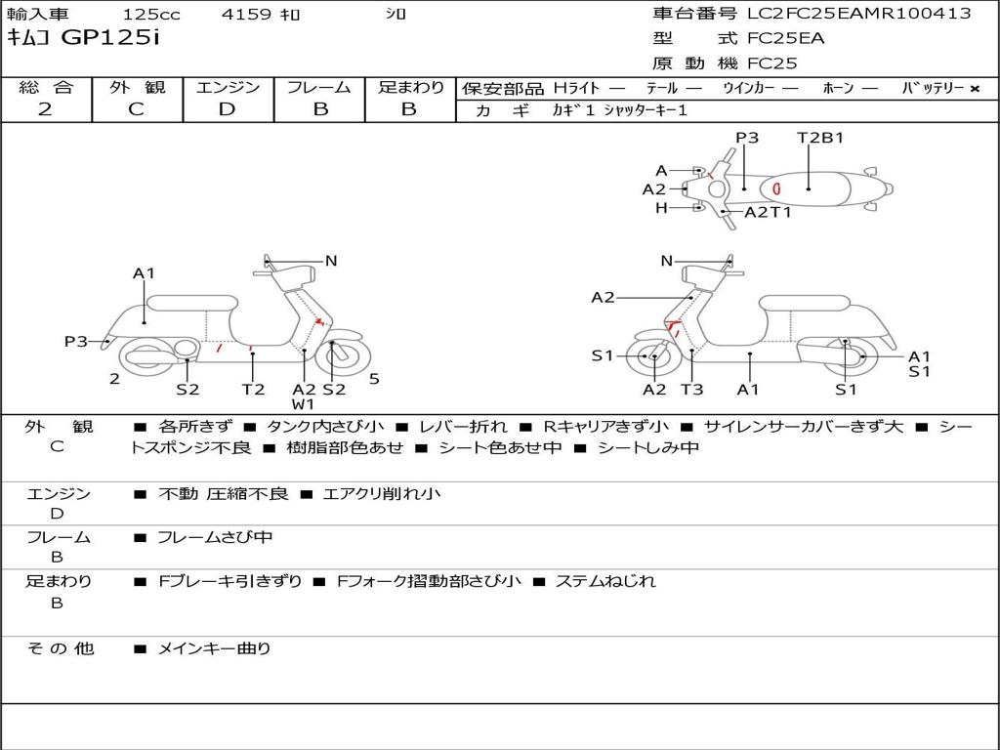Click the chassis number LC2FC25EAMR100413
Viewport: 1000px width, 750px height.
point(858,14)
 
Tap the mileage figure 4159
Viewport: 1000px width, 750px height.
point(246,15)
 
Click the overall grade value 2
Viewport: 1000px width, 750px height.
point(45,109)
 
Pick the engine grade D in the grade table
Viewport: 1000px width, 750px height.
point(227,109)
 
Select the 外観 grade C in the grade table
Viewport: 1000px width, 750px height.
point(137,109)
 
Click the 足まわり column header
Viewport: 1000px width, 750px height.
point(410,87)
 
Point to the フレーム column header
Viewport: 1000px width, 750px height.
point(319,87)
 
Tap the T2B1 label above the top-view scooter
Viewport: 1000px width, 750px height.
point(820,138)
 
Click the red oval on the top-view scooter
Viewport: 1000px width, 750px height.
point(776,187)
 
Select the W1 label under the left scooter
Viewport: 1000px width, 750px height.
point(304,403)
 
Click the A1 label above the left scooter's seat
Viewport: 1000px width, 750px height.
point(145,273)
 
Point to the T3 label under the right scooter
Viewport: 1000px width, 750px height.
point(691,390)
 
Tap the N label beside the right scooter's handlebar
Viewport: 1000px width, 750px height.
point(667,261)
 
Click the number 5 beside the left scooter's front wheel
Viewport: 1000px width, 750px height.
point(374,378)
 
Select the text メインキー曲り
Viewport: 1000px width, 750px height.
point(214,648)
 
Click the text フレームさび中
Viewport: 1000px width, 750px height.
point(215,537)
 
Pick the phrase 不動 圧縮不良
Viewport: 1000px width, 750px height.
point(223,494)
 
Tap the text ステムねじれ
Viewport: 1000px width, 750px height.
point(605,582)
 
